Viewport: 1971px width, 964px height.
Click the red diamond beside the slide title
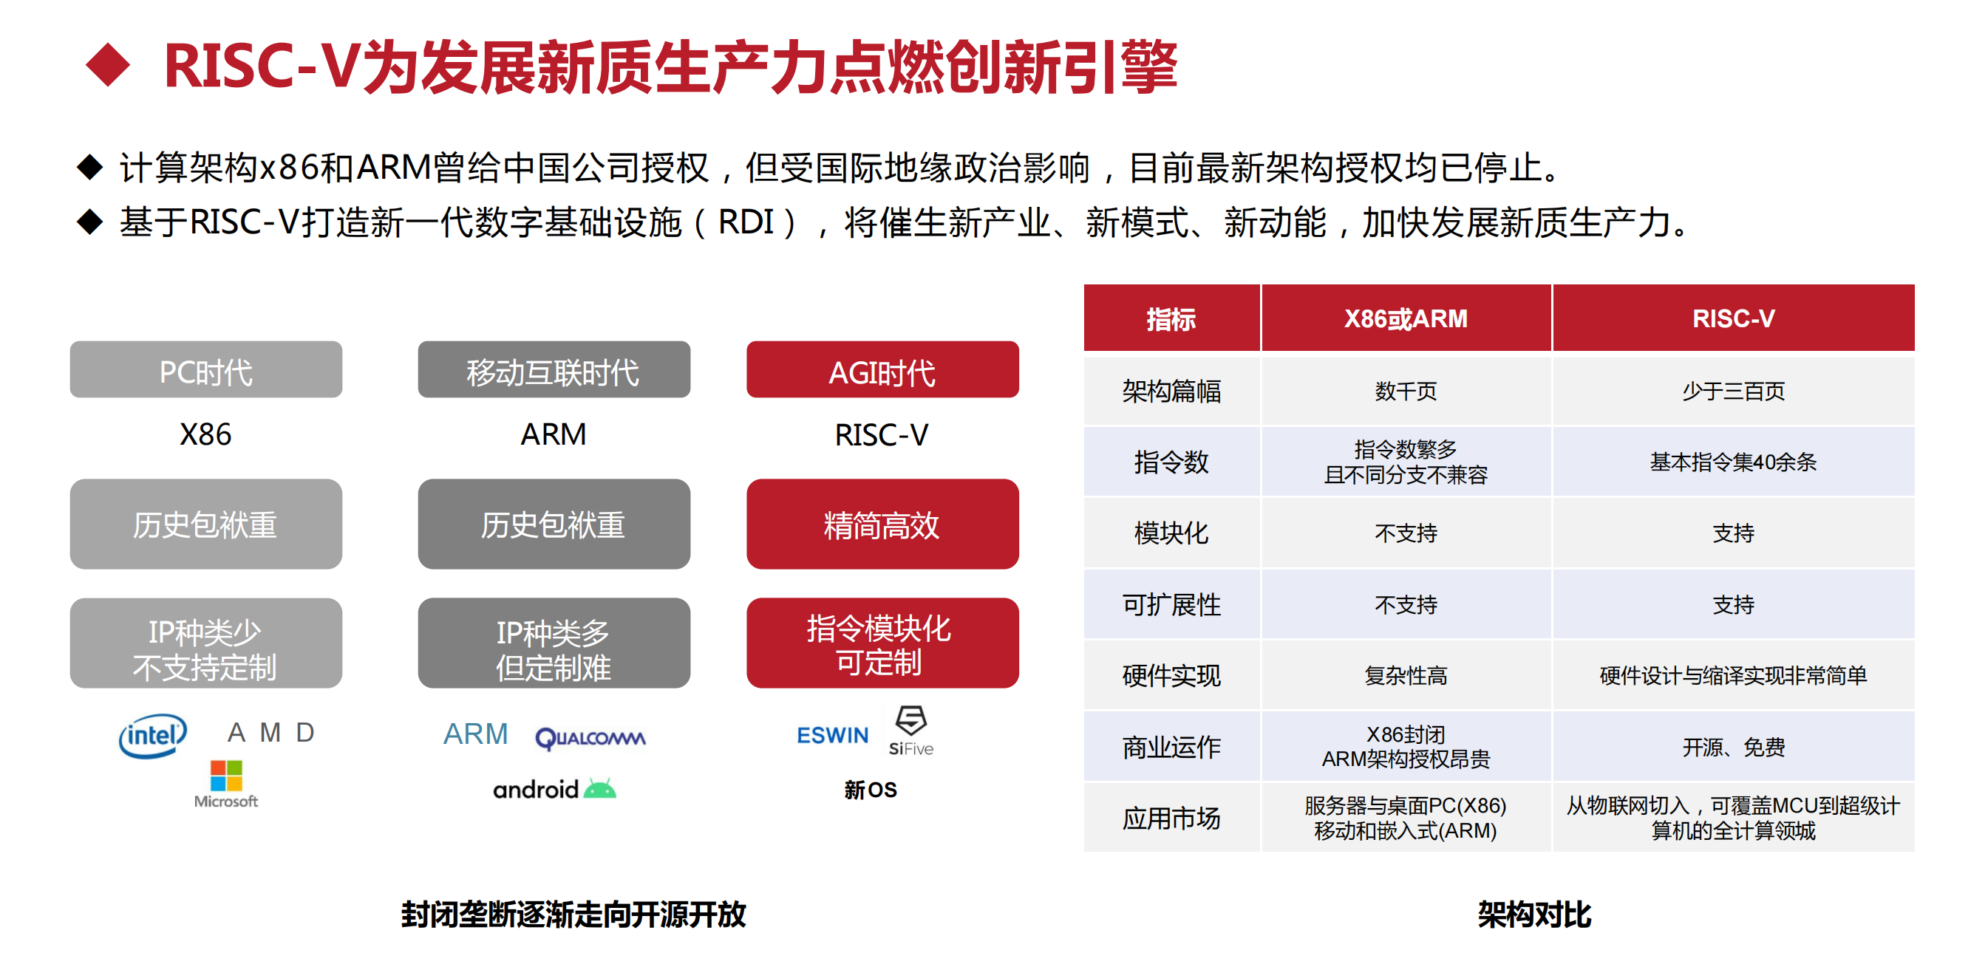point(108,65)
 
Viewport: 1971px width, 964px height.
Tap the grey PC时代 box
point(206,369)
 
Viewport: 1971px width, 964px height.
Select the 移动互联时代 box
point(554,369)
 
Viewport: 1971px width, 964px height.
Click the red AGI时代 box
point(882,369)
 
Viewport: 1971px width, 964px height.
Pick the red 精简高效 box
point(882,524)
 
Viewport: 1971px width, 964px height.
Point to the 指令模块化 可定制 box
point(882,643)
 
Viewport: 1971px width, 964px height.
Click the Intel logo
point(153,735)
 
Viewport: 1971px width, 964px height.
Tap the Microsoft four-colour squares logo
point(226,776)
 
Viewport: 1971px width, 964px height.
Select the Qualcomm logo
point(590,738)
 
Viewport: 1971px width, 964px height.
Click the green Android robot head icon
point(600,789)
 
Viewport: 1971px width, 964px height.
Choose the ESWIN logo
point(832,735)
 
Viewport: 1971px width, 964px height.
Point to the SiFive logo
point(910,731)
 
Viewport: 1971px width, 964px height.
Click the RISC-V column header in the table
point(1733,318)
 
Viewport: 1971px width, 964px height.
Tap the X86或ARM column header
point(1406,318)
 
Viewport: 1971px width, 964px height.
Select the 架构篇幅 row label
point(1171,391)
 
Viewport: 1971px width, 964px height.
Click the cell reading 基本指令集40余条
point(1733,462)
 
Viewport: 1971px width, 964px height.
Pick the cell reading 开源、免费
point(1733,747)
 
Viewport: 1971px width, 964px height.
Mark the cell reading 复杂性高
point(1406,676)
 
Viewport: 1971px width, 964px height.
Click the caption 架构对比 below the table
point(1534,915)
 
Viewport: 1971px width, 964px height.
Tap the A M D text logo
point(271,732)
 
